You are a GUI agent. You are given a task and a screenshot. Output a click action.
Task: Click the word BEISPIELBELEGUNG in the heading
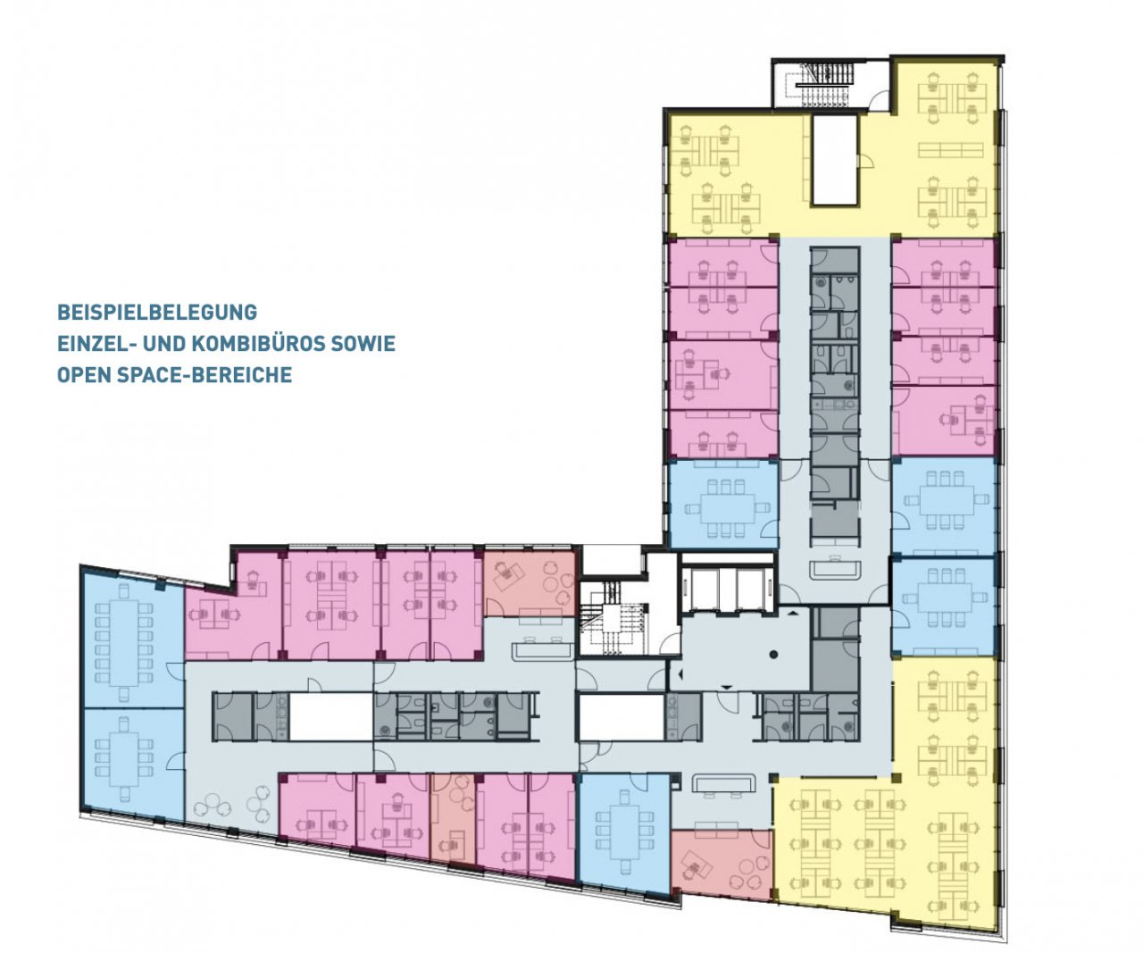(x=157, y=313)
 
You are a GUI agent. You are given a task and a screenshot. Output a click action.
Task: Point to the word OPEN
(x=84, y=375)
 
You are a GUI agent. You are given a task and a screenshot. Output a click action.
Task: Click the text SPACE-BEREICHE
(x=204, y=375)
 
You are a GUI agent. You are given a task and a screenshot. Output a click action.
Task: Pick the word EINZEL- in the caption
(x=97, y=343)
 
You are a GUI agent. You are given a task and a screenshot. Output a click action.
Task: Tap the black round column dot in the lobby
(x=773, y=654)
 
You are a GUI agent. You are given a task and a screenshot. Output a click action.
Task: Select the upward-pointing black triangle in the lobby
(x=793, y=614)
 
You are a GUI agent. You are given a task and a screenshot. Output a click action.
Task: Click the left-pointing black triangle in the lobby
(x=680, y=673)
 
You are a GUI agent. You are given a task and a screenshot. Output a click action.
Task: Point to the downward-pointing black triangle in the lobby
(x=727, y=686)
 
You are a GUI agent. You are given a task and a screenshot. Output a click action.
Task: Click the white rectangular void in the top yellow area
(x=834, y=159)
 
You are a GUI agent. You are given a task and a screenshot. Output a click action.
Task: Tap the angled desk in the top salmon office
(x=509, y=573)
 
